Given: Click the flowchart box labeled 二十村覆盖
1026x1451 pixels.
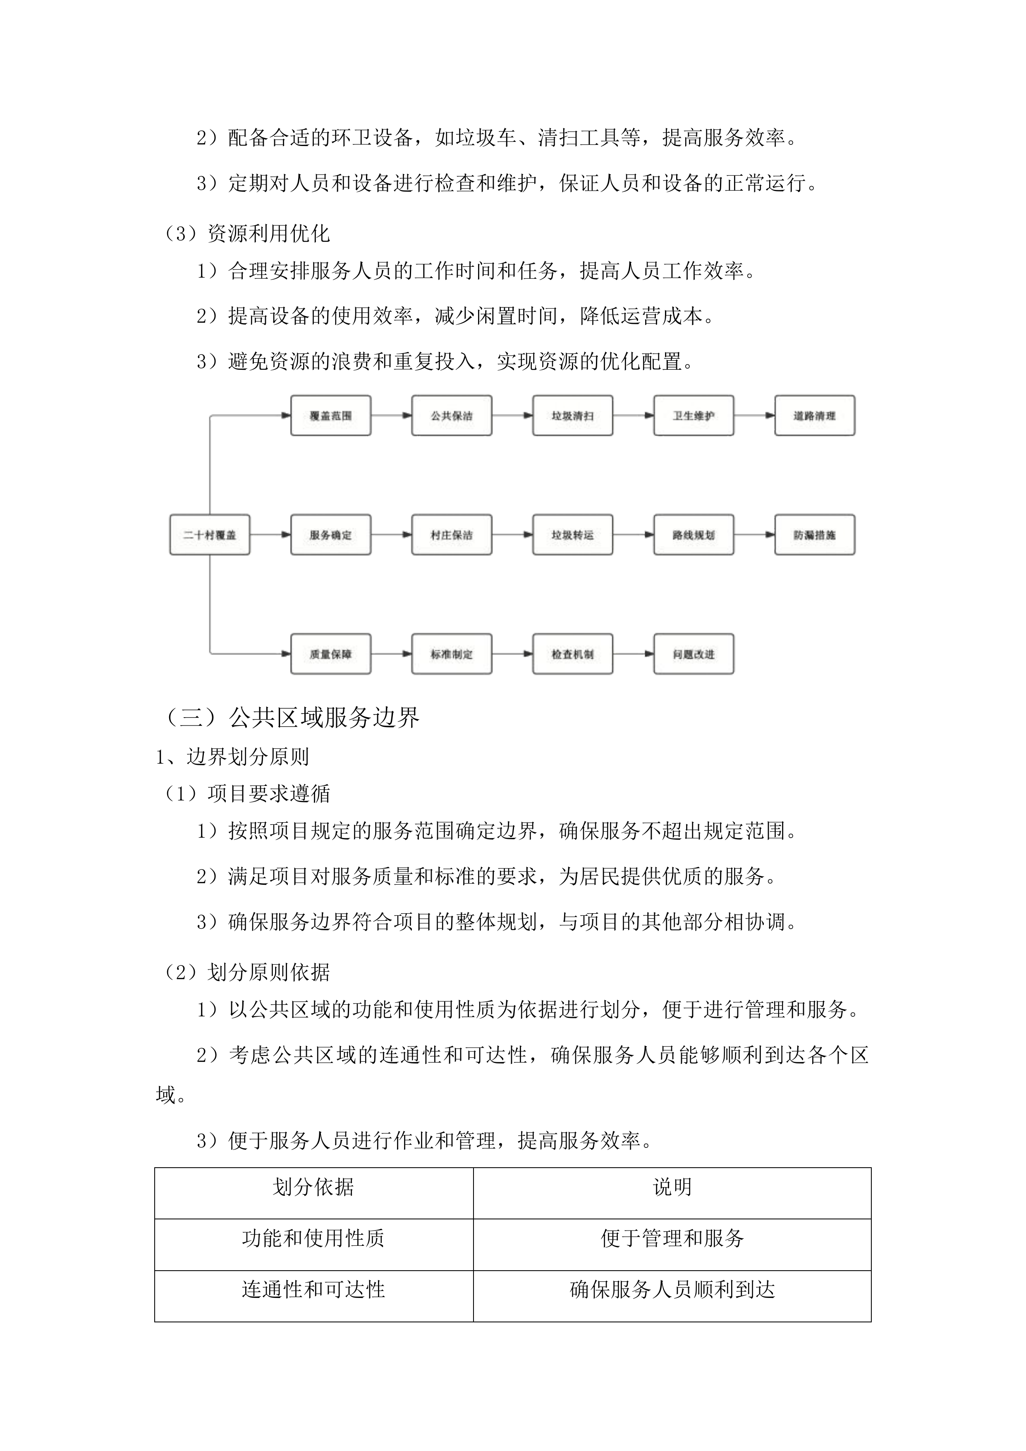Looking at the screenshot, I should pyautogui.click(x=210, y=535).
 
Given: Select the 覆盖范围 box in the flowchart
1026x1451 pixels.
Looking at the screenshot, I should pyautogui.click(x=330, y=416).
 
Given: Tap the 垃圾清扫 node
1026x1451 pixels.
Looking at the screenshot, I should pyautogui.click(x=572, y=416).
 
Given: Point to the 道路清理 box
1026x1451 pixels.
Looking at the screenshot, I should pyautogui.click(x=814, y=416).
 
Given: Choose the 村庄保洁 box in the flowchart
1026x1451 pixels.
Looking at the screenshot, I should pyautogui.click(x=452, y=535).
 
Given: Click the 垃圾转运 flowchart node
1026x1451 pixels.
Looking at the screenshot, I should pyautogui.click(x=572, y=535).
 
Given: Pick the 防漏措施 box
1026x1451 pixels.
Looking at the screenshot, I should pyautogui.click(x=814, y=535).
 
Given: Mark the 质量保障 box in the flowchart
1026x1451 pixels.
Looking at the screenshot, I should pyautogui.click(x=330, y=654).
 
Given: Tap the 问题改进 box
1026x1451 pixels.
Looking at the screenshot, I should pyautogui.click(x=694, y=654).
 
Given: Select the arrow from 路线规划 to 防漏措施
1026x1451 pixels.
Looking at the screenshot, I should pyautogui.click(x=754, y=535).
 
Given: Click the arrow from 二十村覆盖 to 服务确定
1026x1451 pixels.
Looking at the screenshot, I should pyautogui.click(x=270, y=535).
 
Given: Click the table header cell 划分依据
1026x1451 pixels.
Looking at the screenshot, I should pyautogui.click(x=313, y=1187).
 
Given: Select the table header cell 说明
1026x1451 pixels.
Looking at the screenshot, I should pyautogui.click(x=672, y=1187).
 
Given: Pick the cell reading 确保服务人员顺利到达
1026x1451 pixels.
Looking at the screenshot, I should pyautogui.click(x=672, y=1289).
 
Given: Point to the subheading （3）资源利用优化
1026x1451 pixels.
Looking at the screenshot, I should pyautogui.click(x=246, y=234).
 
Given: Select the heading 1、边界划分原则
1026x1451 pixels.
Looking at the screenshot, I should pyautogui.click(x=232, y=757).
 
